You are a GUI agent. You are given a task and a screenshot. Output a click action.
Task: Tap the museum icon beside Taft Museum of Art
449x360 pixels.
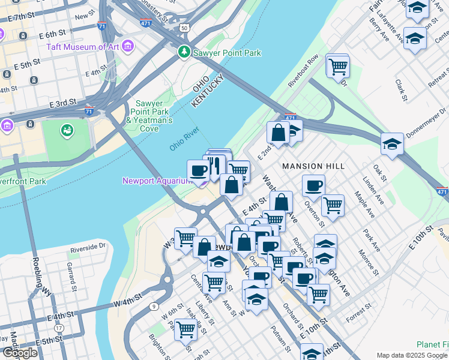[x=127, y=46]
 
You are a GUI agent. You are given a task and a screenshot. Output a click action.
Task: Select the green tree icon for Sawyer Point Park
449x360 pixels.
[x=184, y=53]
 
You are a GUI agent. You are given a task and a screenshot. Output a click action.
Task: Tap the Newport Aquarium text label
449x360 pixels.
[x=157, y=181]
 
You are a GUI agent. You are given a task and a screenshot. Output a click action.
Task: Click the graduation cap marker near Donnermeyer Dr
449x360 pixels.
[x=392, y=144]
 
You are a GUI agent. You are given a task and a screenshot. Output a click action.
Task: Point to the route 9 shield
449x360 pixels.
[x=154, y=307]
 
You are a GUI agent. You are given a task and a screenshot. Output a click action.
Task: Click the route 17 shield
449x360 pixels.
[x=59, y=328]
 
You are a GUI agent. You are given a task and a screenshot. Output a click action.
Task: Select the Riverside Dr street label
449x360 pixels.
[x=88, y=247]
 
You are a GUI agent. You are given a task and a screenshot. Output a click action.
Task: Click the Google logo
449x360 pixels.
[x=20, y=353]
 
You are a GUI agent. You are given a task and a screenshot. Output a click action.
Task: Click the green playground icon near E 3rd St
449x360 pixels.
[x=67, y=129]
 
